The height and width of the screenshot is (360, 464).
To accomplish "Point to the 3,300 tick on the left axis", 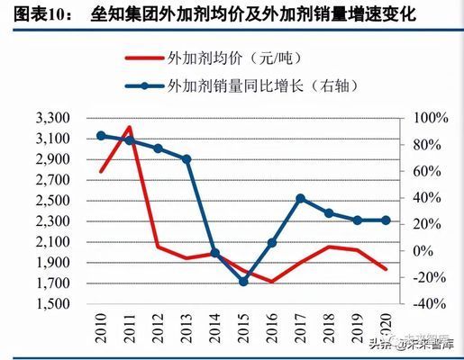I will [x=52, y=119].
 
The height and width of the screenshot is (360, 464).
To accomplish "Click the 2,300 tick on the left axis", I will [x=52, y=221].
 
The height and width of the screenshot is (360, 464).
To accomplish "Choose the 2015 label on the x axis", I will [x=244, y=324].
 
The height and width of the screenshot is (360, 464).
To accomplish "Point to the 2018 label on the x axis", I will [x=331, y=324].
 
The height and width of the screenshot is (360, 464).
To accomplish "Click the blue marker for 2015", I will [x=243, y=282].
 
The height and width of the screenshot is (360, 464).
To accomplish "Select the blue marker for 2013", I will [x=187, y=159].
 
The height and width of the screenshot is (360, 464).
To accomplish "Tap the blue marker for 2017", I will [x=300, y=199].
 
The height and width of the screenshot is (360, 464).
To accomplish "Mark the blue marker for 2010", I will [x=101, y=136].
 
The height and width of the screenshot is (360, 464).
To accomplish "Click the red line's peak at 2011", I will [x=129, y=127].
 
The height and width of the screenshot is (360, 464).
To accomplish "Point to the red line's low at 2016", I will [x=272, y=282].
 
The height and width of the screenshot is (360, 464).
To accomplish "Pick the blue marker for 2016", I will [x=272, y=242].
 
